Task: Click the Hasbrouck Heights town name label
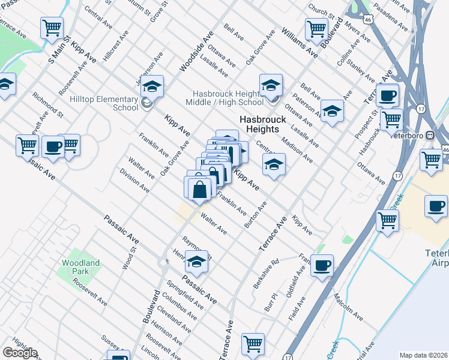262,124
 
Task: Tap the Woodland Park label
81,267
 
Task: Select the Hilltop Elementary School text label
104,103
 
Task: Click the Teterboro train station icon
430,134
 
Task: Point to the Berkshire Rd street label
267,273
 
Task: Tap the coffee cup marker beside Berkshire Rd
322,265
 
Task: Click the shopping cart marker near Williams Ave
316,28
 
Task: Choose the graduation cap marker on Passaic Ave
196,261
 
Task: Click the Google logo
20,353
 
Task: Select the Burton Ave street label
255,215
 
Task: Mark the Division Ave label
134,180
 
